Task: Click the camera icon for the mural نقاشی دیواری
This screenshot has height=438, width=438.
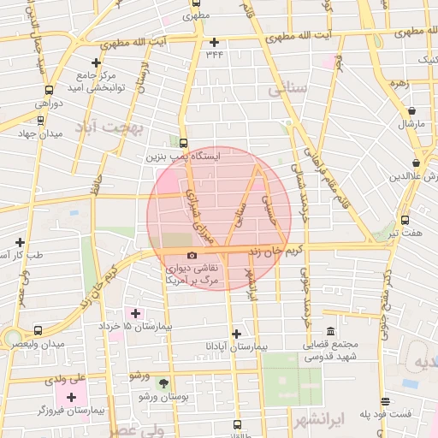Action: [191, 255]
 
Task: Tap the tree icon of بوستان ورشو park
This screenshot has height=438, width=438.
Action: [164, 382]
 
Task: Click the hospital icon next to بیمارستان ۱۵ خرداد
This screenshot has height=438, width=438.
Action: [135, 314]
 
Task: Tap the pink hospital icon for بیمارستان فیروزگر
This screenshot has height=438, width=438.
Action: [72, 398]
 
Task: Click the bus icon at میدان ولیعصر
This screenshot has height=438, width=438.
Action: [37, 330]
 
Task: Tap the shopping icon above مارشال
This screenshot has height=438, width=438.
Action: [412, 111]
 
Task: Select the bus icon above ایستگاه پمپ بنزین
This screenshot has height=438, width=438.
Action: [182, 144]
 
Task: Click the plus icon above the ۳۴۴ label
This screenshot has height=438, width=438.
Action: [214, 42]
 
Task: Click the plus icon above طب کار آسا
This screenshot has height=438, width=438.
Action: [21, 242]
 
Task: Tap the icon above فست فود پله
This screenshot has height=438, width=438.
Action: [387, 401]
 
